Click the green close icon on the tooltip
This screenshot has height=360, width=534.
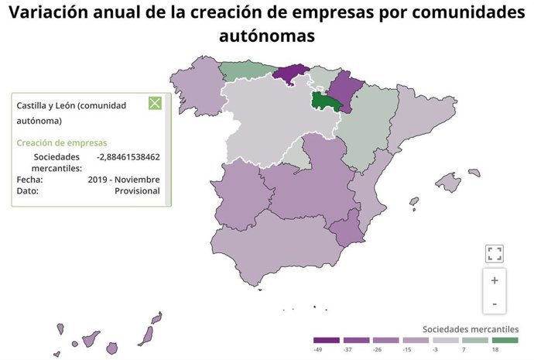154,103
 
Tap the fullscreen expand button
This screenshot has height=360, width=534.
495,253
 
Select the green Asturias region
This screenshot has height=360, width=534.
246,70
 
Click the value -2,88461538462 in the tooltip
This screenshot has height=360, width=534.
128,156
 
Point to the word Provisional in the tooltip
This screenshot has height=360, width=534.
138,190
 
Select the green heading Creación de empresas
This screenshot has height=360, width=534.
62,143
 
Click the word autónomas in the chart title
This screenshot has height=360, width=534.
266,36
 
